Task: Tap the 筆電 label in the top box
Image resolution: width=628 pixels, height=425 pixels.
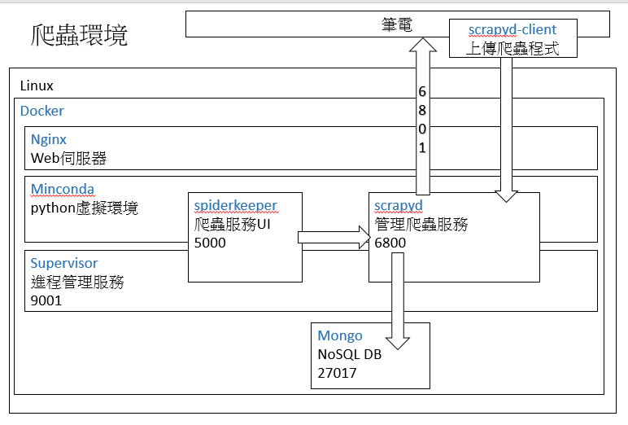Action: (x=397, y=24)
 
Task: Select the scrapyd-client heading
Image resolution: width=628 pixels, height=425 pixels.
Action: (x=512, y=30)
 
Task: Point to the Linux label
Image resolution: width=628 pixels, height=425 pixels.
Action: (x=37, y=85)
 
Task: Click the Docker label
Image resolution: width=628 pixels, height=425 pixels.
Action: (x=42, y=111)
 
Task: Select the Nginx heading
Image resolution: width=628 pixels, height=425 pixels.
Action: (x=49, y=139)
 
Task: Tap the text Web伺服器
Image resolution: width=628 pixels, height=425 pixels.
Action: (x=68, y=158)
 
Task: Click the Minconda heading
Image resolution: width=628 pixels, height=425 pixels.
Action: (x=63, y=190)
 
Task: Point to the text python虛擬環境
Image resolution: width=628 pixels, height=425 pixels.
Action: (x=85, y=208)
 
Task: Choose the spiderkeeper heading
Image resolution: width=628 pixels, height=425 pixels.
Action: (x=235, y=205)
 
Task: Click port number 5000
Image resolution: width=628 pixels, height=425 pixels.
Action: (x=210, y=242)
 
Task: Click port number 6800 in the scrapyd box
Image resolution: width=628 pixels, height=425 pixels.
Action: (x=390, y=242)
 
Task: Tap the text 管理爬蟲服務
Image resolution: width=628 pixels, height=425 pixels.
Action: (x=421, y=224)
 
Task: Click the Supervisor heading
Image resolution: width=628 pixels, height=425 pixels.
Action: (x=64, y=263)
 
